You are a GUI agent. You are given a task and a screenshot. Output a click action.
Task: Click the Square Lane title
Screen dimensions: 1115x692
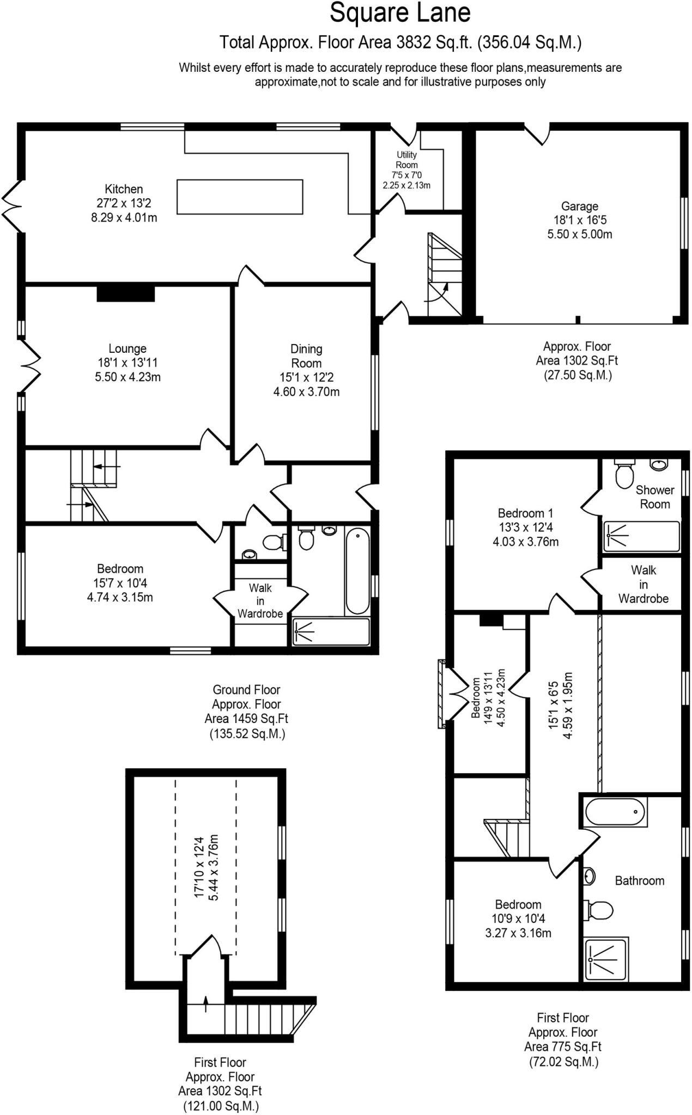point(400,13)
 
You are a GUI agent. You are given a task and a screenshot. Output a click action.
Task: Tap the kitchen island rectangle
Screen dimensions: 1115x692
point(239,197)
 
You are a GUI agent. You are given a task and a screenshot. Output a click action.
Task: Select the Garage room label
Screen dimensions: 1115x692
point(579,206)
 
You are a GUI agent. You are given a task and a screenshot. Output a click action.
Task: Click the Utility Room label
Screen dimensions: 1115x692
point(406,160)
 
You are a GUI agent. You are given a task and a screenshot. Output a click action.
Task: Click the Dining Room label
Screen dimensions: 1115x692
point(306,356)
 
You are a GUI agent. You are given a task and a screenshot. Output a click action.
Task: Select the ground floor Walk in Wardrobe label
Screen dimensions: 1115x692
point(260,601)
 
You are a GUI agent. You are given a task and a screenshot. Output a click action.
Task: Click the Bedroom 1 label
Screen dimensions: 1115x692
point(525,513)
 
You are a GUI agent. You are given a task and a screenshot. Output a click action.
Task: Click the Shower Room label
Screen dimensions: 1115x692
point(654,497)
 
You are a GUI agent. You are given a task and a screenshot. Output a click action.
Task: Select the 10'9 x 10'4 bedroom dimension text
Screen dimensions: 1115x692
point(518,918)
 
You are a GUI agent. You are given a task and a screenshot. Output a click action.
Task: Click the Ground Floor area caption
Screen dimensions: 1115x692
point(246,711)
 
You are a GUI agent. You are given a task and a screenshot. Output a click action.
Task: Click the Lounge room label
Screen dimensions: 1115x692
point(128,348)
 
